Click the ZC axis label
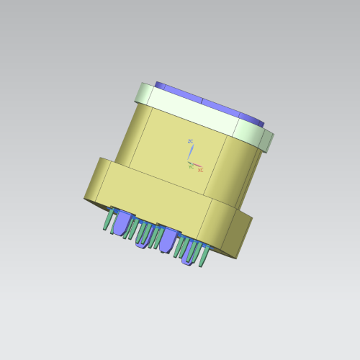(x=191, y=141)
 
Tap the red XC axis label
(x=200, y=170)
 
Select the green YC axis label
(x=191, y=167)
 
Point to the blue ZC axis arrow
(x=190, y=152)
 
